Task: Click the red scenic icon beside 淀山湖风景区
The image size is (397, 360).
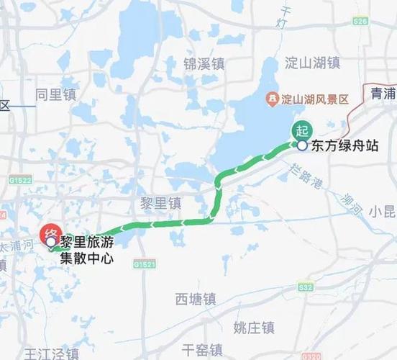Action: point(272,98)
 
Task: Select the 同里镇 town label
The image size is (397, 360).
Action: point(55,94)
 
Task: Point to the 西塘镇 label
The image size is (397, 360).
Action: point(196,298)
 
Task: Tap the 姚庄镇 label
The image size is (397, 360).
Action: point(254,327)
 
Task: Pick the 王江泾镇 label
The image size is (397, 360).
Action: point(52,354)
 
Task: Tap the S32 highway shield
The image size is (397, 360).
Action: point(305,287)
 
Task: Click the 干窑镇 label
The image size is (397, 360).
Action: point(202,351)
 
